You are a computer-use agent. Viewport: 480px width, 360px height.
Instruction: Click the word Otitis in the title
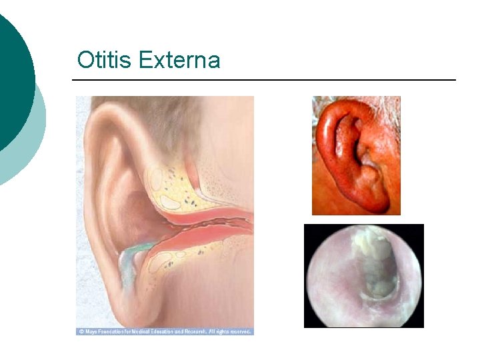tap(105, 61)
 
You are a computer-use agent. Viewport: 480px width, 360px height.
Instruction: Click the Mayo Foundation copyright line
tap(165, 331)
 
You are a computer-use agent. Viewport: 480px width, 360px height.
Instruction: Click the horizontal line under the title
tap(263, 80)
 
